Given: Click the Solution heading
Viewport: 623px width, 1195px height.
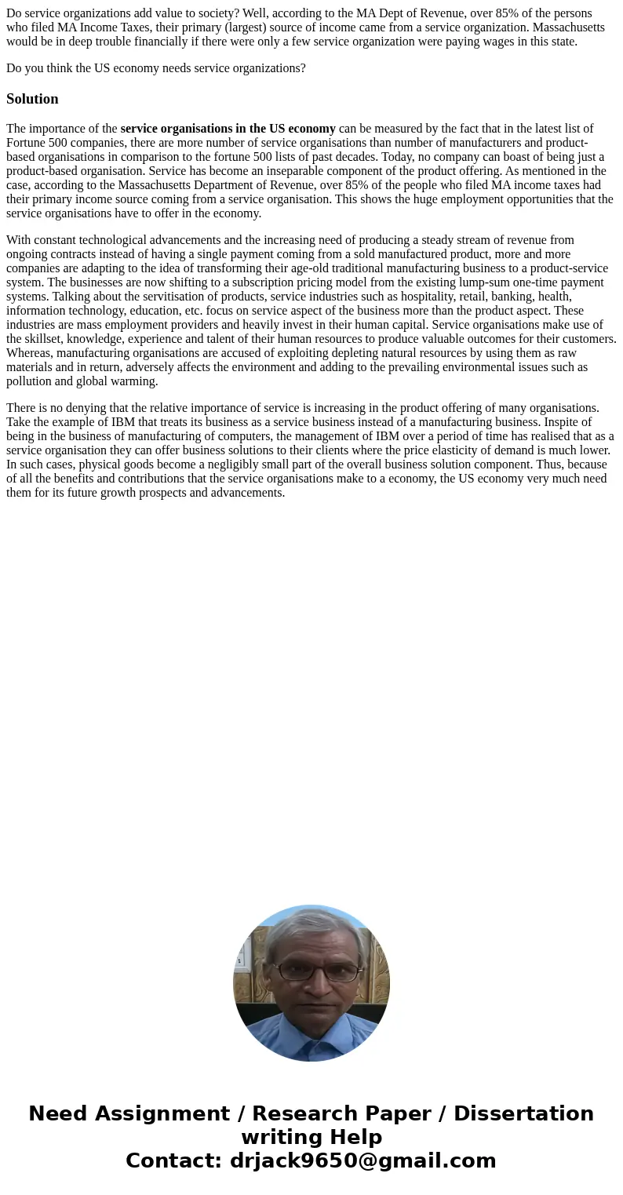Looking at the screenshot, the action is [32, 99].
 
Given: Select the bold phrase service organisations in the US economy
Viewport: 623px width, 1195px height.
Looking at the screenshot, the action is [228, 129].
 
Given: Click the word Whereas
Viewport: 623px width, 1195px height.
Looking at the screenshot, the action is [30, 353].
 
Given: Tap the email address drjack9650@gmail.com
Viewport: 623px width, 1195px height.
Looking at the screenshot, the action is [363, 1160].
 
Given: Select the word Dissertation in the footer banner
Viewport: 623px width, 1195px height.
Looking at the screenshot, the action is [523, 1113].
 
